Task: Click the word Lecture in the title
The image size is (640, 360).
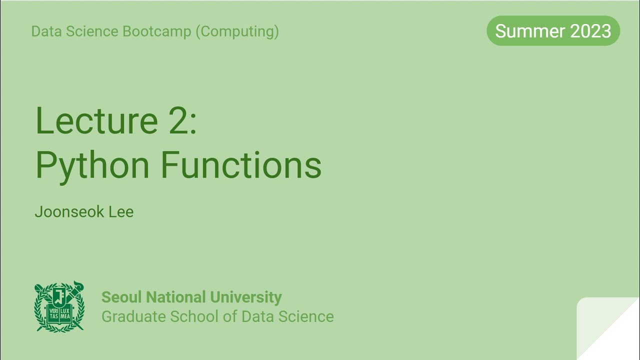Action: pyautogui.click(x=96, y=121)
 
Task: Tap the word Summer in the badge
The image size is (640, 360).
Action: pyautogui.click(x=527, y=31)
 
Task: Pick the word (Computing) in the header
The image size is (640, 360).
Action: pyautogui.click(x=237, y=31)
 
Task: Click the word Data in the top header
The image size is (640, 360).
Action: pyautogui.click(x=43, y=31)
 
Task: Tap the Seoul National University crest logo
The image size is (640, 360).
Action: pyautogui.click(x=59, y=306)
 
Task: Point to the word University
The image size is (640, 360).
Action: pyautogui.click(x=246, y=297)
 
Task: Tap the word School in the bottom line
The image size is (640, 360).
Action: pyautogui.click(x=194, y=316)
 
